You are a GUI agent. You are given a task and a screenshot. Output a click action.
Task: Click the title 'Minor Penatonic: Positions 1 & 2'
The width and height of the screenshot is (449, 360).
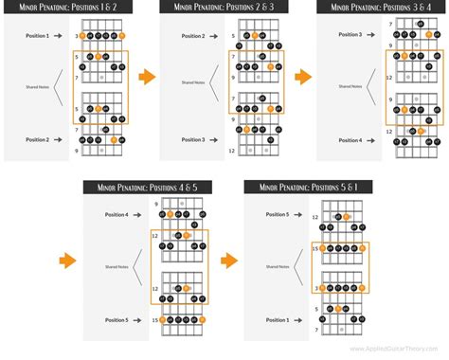(70, 9)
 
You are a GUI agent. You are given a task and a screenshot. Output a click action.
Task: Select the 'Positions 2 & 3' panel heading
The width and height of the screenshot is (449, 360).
(224, 9)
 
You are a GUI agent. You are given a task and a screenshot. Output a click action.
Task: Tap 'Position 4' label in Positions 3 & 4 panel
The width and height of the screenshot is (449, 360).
(348, 140)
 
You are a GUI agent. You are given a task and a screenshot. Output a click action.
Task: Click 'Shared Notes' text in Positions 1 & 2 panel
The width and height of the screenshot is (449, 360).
(38, 87)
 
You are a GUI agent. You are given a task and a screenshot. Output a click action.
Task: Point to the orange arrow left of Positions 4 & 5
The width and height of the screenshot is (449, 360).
(67, 258)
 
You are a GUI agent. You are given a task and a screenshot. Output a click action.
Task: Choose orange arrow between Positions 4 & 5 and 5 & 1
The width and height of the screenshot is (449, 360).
(226, 258)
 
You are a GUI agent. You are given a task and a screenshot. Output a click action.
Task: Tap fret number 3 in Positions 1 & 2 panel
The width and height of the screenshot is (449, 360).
(76, 36)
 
